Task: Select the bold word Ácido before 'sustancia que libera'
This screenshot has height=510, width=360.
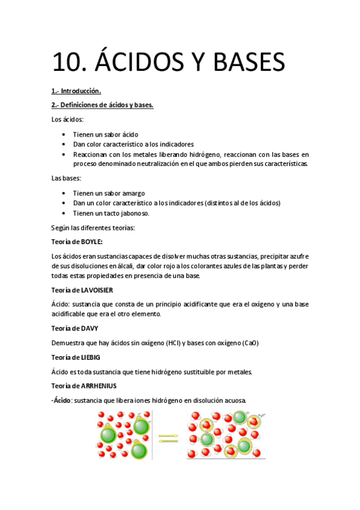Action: click(63, 401)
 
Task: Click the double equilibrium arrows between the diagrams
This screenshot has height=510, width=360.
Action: click(169, 438)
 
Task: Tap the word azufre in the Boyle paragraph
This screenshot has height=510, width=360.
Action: click(296, 257)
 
